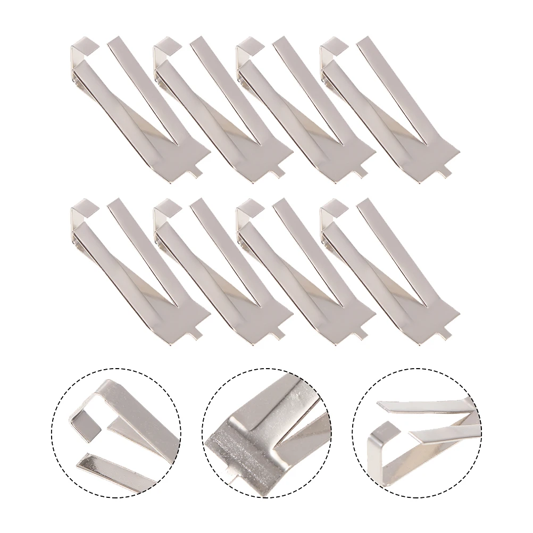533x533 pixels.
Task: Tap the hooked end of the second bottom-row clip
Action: (x=167, y=207)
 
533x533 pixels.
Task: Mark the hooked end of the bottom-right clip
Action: (x=333, y=207)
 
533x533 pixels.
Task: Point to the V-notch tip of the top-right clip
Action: (x=426, y=144)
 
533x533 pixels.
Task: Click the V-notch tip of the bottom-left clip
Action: (x=177, y=305)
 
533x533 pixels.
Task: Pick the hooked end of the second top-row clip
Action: (x=167, y=46)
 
